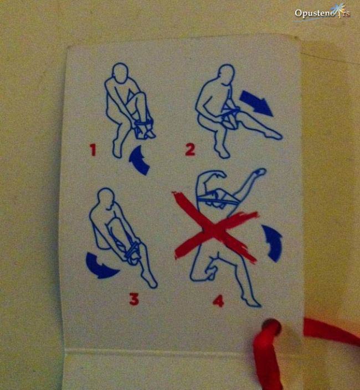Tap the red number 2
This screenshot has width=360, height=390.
[190, 149]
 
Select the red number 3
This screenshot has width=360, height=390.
[134, 299]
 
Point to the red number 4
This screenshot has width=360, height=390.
[219, 301]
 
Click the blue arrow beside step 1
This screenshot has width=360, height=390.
[140, 161]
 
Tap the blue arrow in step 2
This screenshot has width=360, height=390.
[256, 103]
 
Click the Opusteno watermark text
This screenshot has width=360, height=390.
[321, 13]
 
